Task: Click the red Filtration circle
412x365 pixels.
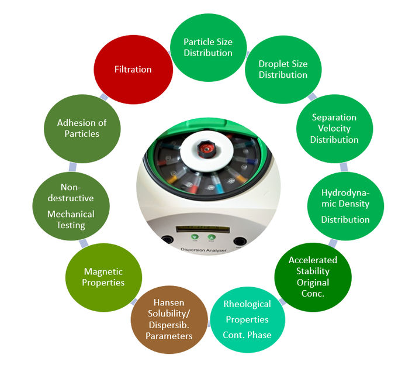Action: point(133,70)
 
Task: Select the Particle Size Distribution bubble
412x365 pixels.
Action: point(207,47)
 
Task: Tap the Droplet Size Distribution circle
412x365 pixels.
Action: point(283,70)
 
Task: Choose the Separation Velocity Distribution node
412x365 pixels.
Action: point(334,128)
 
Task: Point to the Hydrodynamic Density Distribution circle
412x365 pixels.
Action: point(345,206)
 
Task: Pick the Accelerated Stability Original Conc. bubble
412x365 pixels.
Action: point(313,276)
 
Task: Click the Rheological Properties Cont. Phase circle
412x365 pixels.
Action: point(247,319)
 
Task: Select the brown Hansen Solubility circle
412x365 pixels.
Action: point(170,319)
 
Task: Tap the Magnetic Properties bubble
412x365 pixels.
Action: point(104,277)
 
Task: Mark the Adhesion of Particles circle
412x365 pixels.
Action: point(82,128)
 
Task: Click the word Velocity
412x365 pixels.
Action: point(334,128)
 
